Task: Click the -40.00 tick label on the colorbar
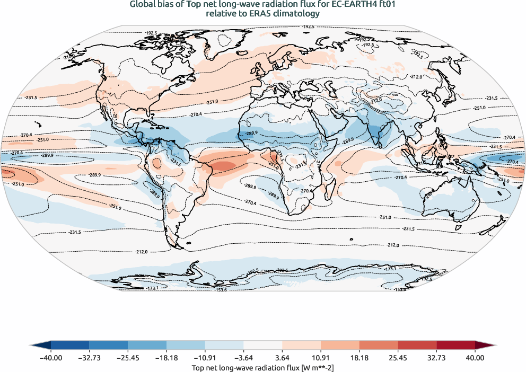(51, 358)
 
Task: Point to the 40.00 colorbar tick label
(475, 358)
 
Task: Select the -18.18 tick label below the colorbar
(166, 358)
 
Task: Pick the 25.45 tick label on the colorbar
(398, 358)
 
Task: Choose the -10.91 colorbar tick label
(205, 358)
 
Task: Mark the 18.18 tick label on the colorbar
(360, 358)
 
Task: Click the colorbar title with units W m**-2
(262, 367)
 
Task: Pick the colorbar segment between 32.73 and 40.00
(455, 346)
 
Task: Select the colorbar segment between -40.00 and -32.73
(70, 346)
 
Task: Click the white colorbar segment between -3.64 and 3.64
(263, 346)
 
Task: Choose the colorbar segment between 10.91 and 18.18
(340, 346)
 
